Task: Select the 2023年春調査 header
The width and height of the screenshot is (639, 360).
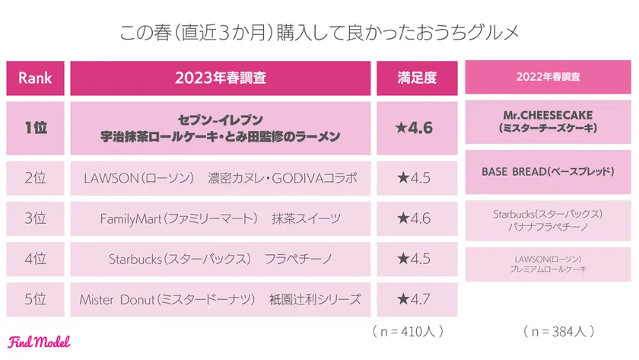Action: (221, 78)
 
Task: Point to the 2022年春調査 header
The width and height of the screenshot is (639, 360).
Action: (548, 78)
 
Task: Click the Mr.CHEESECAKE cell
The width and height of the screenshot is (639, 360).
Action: (548, 122)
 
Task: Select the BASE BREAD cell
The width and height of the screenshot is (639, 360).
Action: (548, 172)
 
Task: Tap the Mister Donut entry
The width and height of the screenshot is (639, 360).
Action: (221, 299)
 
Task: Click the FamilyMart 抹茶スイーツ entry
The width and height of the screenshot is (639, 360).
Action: (221, 218)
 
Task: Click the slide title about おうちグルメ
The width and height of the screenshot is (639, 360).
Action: (319, 34)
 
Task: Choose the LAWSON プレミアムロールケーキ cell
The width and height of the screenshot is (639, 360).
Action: (548, 263)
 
